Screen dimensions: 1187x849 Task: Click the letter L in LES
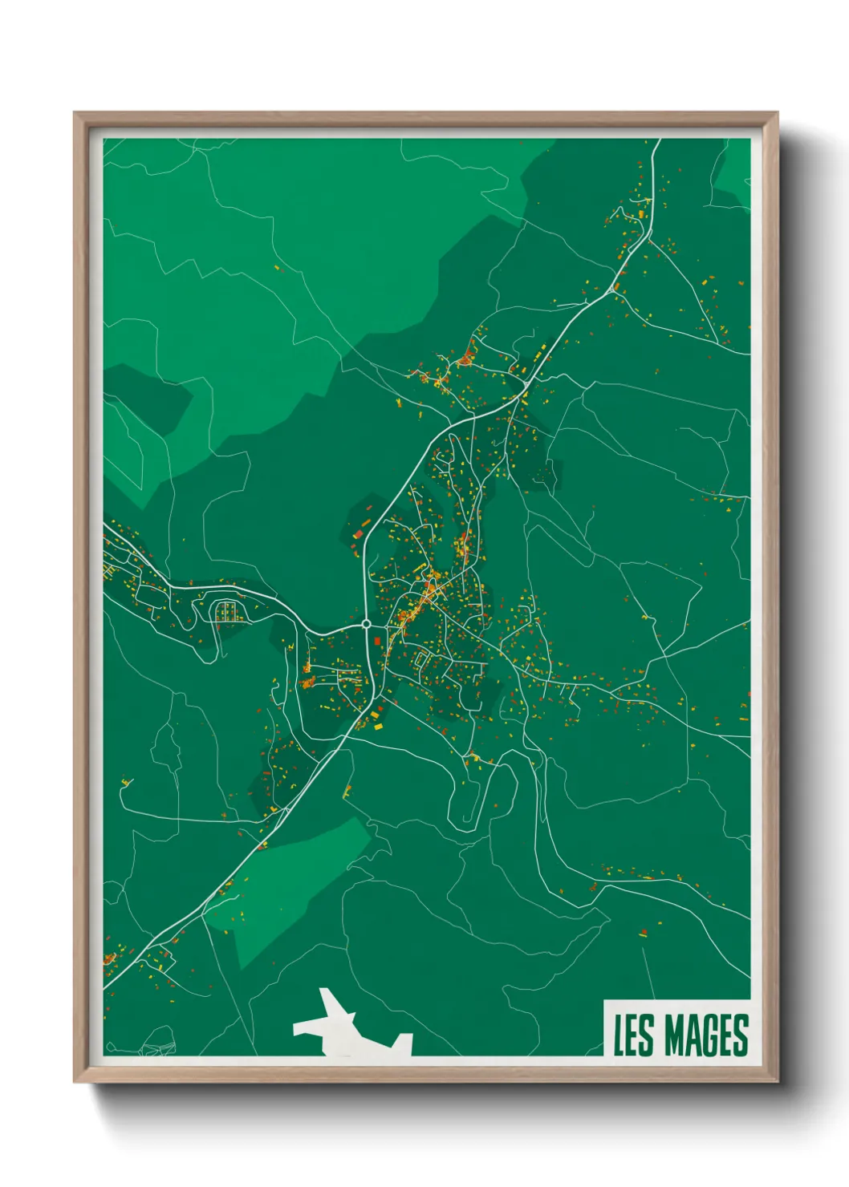(619, 1035)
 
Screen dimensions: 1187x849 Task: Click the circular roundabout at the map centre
(366, 623)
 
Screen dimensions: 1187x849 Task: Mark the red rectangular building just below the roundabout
(376, 641)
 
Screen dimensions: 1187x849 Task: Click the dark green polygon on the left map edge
(144, 401)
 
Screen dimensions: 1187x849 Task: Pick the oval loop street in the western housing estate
(228, 612)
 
